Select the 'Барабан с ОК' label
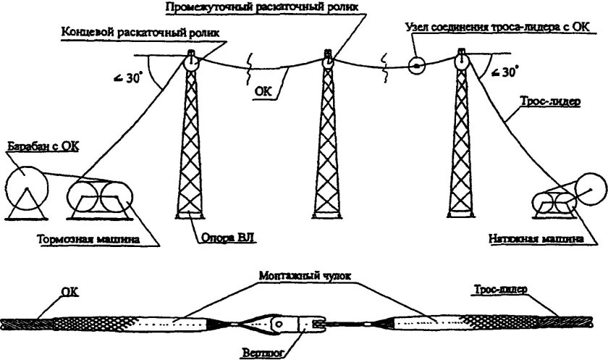[43, 148]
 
